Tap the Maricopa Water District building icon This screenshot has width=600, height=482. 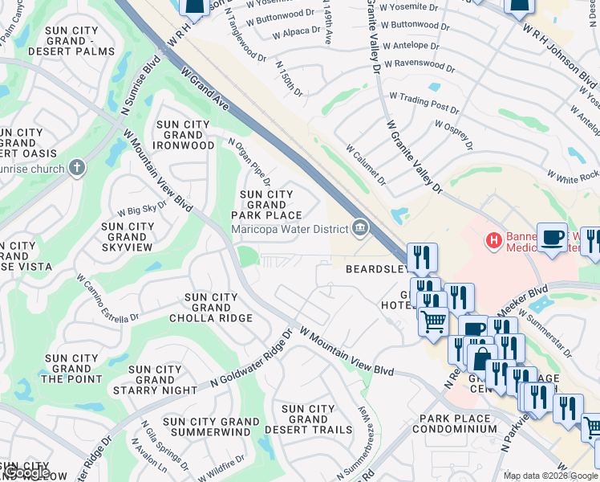[x=361, y=229]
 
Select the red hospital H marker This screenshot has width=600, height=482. [x=494, y=239]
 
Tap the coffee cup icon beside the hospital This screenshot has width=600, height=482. [x=552, y=237]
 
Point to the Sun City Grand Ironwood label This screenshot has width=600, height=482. [x=185, y=135]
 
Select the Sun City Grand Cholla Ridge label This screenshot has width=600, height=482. [x=211, y=308]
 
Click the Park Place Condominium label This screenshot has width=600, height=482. [x=454, y=423]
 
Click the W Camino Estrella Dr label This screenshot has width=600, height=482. [x=107, y=299]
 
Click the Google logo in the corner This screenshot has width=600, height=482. [x=26, y=472]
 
